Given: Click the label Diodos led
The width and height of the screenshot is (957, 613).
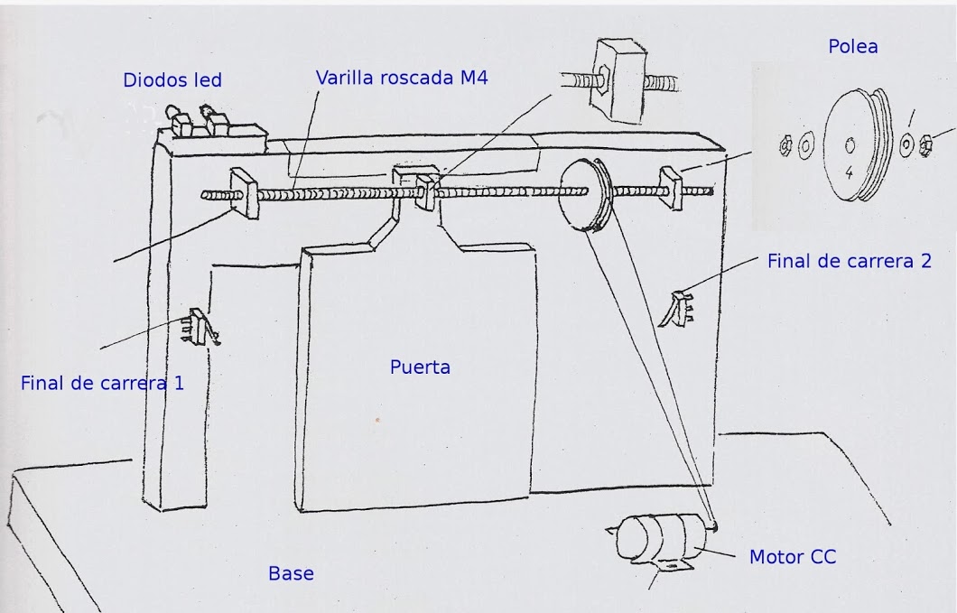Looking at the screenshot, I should (172, 80).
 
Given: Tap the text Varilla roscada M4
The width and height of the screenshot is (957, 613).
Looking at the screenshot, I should (402, 78).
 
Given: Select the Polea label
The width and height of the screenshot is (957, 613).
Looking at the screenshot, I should (852, 46).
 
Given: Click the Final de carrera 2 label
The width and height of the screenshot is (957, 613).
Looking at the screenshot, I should (849, 262).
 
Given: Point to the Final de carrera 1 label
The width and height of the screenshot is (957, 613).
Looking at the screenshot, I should (102, 383).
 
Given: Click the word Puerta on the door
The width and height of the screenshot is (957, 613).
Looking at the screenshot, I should (420, 367).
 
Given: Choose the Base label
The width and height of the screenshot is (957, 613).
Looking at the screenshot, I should (291, 573).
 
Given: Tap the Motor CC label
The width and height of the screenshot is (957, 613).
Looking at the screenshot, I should (792, 557).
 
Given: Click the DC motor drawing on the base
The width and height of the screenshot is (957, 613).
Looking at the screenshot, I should (659, 538).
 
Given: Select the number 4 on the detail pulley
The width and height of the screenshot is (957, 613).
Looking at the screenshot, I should (849, 169).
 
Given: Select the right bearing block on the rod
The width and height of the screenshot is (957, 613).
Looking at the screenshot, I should (673, 187).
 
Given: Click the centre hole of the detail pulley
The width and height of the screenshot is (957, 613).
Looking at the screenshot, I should (850, 144).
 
